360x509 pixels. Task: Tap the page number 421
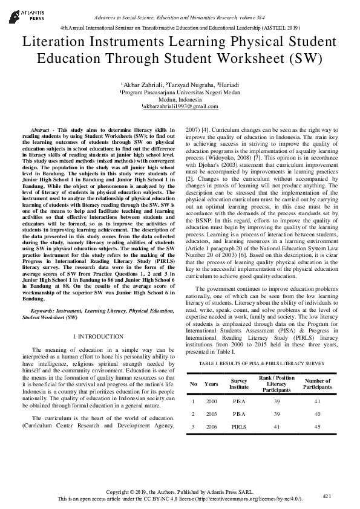tap(327, 496)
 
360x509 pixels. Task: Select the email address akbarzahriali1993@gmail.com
tap(180, 106)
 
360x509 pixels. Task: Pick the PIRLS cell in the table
tap(239, 427)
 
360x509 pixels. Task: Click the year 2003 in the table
tap(211, 413)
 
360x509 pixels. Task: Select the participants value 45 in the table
tap(317, 427)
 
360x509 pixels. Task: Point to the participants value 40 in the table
tap(317, 413)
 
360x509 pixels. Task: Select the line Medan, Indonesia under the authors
tap(180, 100)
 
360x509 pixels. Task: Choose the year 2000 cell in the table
tap(211, 400)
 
